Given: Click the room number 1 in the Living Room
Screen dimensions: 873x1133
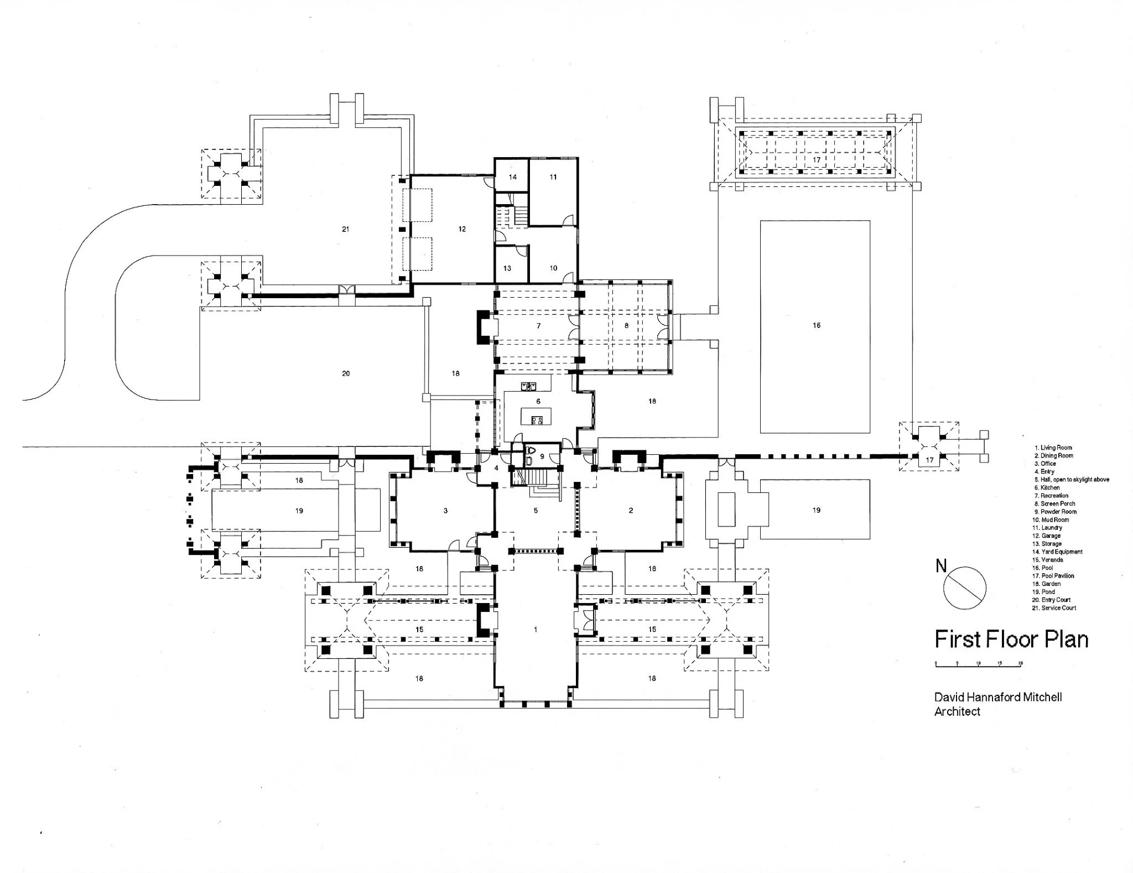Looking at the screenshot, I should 536,630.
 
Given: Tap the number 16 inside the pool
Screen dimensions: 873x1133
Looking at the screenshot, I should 817,325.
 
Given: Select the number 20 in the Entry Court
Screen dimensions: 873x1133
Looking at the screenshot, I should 346,373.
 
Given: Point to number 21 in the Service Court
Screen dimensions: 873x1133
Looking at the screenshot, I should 346,229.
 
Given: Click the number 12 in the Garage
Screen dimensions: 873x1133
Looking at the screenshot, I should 462,229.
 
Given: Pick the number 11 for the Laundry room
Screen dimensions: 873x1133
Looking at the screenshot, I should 553,177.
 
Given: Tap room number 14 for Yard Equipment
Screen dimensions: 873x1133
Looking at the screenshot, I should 513,177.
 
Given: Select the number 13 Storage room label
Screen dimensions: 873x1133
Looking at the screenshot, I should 507,268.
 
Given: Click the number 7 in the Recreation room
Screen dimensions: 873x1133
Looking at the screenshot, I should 538,326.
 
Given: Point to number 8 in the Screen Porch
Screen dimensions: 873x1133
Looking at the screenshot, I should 626,326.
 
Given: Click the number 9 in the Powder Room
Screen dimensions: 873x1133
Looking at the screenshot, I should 542,456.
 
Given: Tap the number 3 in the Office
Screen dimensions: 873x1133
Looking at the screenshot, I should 445,511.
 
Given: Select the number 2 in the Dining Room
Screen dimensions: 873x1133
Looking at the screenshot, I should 631,511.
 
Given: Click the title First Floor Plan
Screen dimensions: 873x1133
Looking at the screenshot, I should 1011,640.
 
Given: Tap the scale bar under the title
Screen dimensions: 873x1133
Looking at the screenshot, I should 978,663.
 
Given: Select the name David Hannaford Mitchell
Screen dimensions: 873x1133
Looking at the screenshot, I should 998,698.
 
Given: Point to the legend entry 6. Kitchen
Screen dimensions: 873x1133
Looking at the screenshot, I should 1047,487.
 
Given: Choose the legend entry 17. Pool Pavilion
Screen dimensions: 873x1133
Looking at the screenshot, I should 1054,576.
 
